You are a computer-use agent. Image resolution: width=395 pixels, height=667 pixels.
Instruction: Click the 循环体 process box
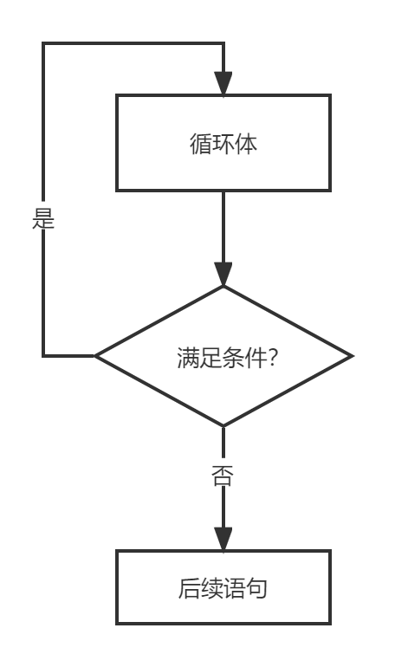[223, 143]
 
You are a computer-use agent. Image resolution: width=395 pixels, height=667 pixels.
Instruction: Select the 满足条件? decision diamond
[223, 356]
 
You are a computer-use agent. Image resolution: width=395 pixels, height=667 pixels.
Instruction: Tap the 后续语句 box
[223, 587]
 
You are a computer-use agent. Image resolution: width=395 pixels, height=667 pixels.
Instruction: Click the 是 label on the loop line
[43, 217]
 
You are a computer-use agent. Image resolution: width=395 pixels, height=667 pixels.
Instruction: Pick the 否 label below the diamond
[223, 475]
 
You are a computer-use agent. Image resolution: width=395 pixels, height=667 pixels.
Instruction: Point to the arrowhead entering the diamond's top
[223, 275]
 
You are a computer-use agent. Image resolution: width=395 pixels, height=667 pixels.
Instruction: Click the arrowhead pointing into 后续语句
[223, 539]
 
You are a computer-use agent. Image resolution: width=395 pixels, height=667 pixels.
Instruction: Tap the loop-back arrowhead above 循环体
[223, 83]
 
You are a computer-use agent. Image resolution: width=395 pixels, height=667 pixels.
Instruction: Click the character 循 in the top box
[201, 143]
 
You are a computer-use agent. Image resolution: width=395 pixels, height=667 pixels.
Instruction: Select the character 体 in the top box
[246, 143]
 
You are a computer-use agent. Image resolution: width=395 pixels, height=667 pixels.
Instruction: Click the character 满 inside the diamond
[187, 357]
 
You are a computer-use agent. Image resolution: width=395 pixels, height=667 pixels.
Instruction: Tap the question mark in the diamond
[271, 357]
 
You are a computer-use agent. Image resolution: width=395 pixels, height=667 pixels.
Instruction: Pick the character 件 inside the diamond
[255, 357]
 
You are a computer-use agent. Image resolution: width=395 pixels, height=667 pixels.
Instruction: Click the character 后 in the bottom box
[189, 589]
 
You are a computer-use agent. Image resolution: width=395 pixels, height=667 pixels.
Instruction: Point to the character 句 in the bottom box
[256, 589]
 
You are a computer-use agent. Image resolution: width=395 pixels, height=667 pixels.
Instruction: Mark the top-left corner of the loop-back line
[43, 43]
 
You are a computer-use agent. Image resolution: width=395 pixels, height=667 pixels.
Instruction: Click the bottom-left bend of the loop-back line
[43, 356]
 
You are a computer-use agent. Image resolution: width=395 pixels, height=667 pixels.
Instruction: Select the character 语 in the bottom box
[234, 589]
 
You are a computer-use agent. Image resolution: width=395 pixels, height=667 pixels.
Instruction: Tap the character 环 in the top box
[223, 143]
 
